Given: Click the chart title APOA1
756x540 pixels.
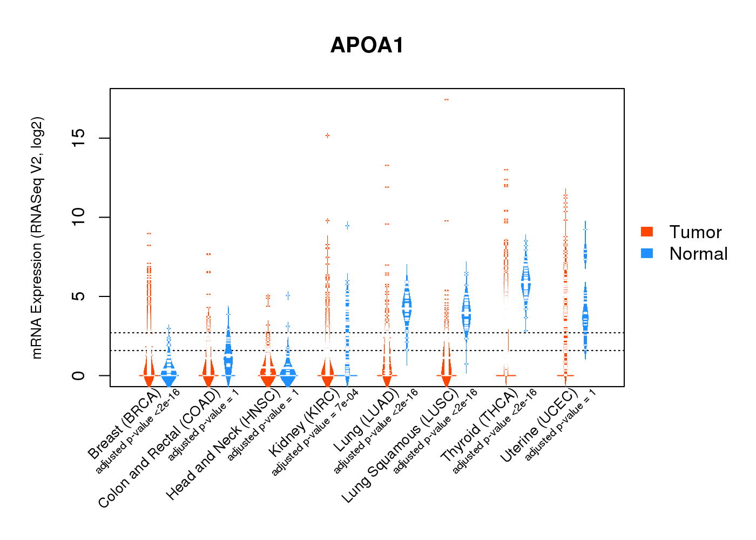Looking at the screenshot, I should pos(367,45).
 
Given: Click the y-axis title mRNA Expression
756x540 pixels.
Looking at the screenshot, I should pos(37,238).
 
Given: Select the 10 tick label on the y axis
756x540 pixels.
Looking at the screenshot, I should pos(79,218).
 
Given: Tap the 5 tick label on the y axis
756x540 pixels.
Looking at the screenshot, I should pos(79,296).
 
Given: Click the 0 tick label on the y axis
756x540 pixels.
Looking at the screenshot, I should pos(79,375).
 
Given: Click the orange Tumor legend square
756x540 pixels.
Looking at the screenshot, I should pos(647,232).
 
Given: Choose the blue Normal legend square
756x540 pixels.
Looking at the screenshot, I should pos(647,253).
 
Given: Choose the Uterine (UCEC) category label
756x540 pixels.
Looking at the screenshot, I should pos(538,427).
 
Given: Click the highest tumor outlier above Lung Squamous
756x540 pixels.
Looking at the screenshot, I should pos(447,100).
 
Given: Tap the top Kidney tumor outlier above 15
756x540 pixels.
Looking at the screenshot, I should pos(327,136).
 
